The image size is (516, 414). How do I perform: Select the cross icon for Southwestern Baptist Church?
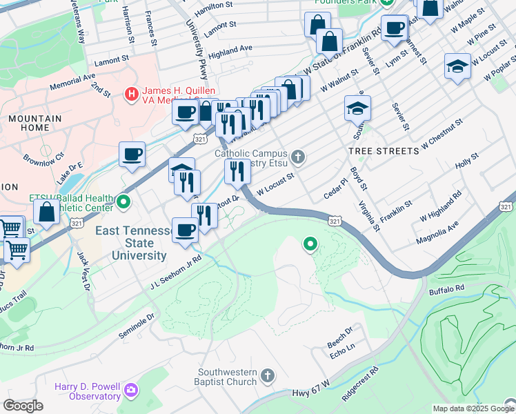[268, 376]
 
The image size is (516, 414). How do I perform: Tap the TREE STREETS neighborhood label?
[383, 150]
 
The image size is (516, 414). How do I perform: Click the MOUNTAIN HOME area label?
[34, 124]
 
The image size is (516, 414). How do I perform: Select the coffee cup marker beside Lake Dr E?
[132, 154]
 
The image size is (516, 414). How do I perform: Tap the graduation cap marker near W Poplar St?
[457, 66]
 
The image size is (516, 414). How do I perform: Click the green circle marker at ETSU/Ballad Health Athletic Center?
[123, 202]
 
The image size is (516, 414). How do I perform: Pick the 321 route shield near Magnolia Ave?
[506, 207]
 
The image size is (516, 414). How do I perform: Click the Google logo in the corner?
[23, 406]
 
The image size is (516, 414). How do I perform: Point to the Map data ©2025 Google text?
[473, 408]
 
